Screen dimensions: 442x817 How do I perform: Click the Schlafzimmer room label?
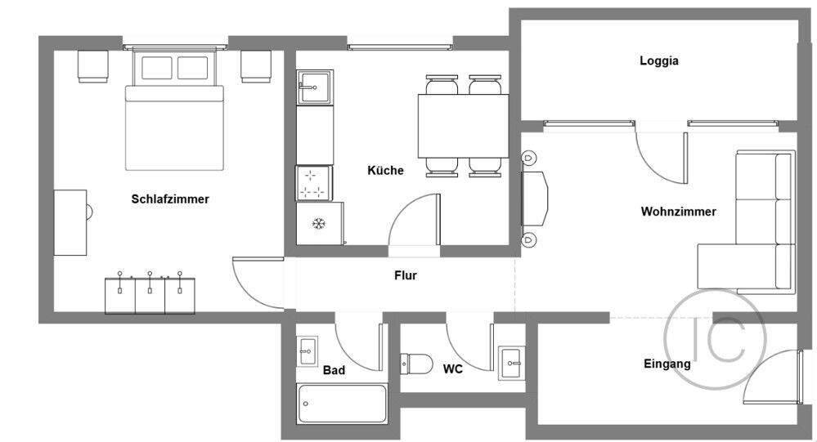170,199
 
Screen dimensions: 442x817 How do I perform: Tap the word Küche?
385,171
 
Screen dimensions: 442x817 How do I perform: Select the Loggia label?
659,60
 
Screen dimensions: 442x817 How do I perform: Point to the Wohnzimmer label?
678,212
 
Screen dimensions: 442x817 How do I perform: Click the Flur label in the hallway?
406,275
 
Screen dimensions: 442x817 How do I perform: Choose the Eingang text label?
667,364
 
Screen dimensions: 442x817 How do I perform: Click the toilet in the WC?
417,363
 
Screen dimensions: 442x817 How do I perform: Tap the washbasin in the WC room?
512,359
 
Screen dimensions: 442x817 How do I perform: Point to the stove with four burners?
311,184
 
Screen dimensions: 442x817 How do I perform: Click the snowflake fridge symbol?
317,224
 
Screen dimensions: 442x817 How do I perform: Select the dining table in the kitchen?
462,126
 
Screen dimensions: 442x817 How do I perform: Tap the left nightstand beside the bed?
92,65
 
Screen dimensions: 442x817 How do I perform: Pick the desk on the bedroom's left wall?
70,222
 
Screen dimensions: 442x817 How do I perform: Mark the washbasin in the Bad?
307,351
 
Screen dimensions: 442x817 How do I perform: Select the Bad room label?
334,370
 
